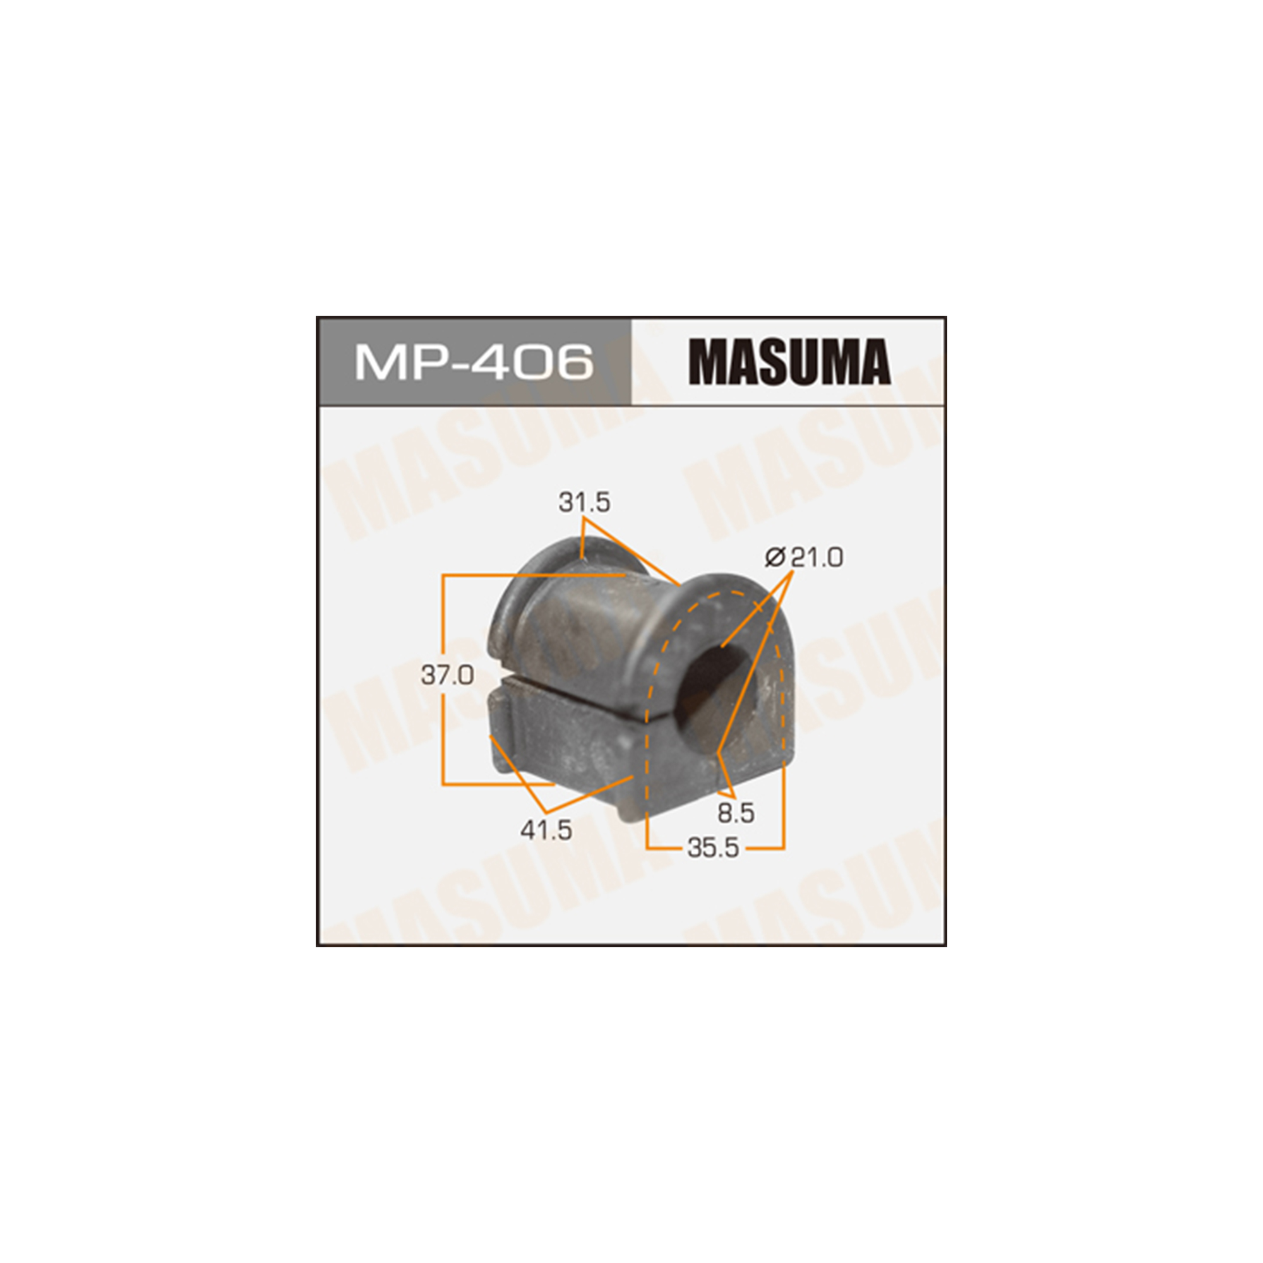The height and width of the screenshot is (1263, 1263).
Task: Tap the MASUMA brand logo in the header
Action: click(x=789, y=361)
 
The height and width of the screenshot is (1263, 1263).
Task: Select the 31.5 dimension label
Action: click(x=584, y=503)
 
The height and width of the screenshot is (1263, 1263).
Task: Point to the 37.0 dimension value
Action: click(x=447, y=675)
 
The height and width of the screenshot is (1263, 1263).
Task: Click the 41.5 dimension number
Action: click(x=546, y=831)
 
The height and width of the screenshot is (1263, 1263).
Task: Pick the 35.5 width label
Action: click(x=713, y=849)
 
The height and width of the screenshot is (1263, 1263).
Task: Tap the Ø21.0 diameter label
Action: click(x=804, y=558)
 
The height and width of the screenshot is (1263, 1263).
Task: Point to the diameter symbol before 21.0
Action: click(x=775, y=558)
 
